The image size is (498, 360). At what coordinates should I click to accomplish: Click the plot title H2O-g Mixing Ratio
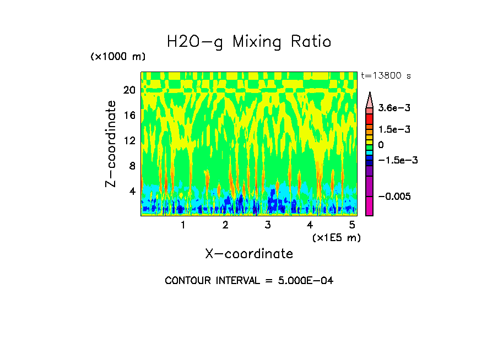pos(249,42)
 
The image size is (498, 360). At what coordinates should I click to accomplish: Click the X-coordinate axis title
pos(249,254)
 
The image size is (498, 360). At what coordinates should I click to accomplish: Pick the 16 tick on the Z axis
pos(129,115)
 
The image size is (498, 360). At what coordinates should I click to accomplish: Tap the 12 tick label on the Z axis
pos(129,140)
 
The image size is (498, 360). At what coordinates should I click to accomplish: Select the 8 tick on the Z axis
pos(132,166)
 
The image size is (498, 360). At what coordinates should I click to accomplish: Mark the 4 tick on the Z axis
pos(132,191)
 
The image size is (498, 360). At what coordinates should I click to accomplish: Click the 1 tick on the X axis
pos(183,225)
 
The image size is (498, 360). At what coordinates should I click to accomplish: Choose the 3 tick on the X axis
pos(267,225)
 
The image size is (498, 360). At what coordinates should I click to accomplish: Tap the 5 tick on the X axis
pos(352,225)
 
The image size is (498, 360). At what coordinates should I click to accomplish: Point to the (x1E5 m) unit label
pos(336,237)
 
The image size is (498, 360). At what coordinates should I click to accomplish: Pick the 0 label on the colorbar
pos(381,145)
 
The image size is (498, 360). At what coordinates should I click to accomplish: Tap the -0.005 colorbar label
pos(392,197)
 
